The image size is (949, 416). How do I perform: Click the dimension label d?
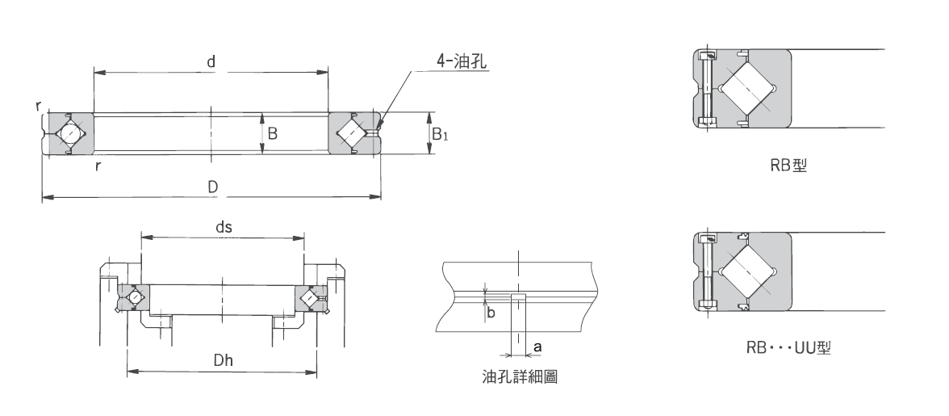click(210, 62)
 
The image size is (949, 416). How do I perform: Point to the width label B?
click(272, 133)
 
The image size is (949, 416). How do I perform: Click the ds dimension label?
click(224, 227)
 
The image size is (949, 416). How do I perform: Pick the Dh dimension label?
click(224, 361)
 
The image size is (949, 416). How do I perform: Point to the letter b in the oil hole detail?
click(490, 313)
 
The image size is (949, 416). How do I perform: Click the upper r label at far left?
click(40, 106)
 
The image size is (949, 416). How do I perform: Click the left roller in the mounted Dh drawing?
click(134, 298)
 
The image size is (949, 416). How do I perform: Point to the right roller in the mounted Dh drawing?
click(310, 298)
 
